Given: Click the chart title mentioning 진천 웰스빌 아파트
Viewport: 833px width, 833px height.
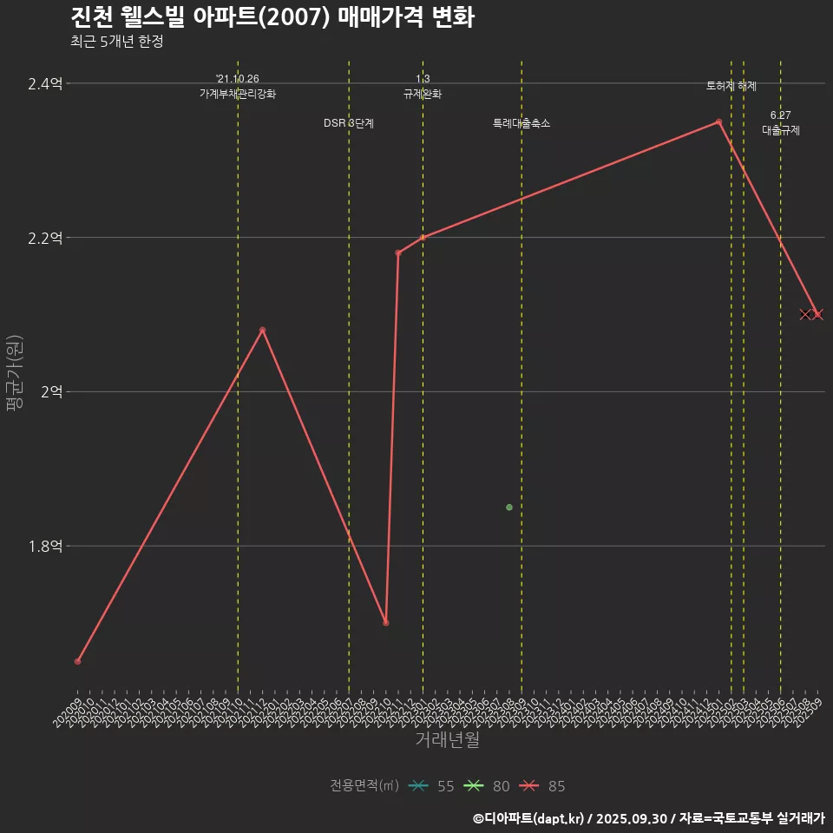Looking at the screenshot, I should (272, 17).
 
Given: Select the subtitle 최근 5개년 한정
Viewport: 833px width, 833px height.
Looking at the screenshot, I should (116, 42).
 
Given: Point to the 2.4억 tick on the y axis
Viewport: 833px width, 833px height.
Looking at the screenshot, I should (44, 84).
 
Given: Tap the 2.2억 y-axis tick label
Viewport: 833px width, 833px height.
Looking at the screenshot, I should (44, 238).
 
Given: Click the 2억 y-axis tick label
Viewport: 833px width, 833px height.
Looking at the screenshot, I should (50, 392).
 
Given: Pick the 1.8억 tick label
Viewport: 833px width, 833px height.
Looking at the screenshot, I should (44, 547).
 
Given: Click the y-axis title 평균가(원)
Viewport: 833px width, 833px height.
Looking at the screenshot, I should (15, 374).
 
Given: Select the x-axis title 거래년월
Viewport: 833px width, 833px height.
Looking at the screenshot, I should (447, 740).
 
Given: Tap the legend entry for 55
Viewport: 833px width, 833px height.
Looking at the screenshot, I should (431, 786).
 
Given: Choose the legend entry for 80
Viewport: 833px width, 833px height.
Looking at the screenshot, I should (487, 786).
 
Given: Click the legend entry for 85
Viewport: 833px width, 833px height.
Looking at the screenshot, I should (542, 786).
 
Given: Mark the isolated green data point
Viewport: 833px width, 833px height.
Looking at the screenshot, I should (509, 507).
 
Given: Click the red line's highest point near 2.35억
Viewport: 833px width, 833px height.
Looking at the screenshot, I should (718, 122).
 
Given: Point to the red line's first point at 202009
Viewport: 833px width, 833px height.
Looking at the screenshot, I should (77, 661).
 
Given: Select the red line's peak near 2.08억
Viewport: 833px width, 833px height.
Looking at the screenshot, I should (262, 330).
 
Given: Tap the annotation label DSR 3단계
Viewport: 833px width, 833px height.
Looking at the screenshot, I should (349, 123).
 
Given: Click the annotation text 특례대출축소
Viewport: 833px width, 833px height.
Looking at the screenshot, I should (521, 123).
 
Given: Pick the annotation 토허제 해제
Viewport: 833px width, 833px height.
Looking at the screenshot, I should (731, 86).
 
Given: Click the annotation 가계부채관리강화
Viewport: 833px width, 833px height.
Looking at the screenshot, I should (238, 94).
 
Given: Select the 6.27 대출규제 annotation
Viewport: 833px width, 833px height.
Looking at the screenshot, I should (781, 123).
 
